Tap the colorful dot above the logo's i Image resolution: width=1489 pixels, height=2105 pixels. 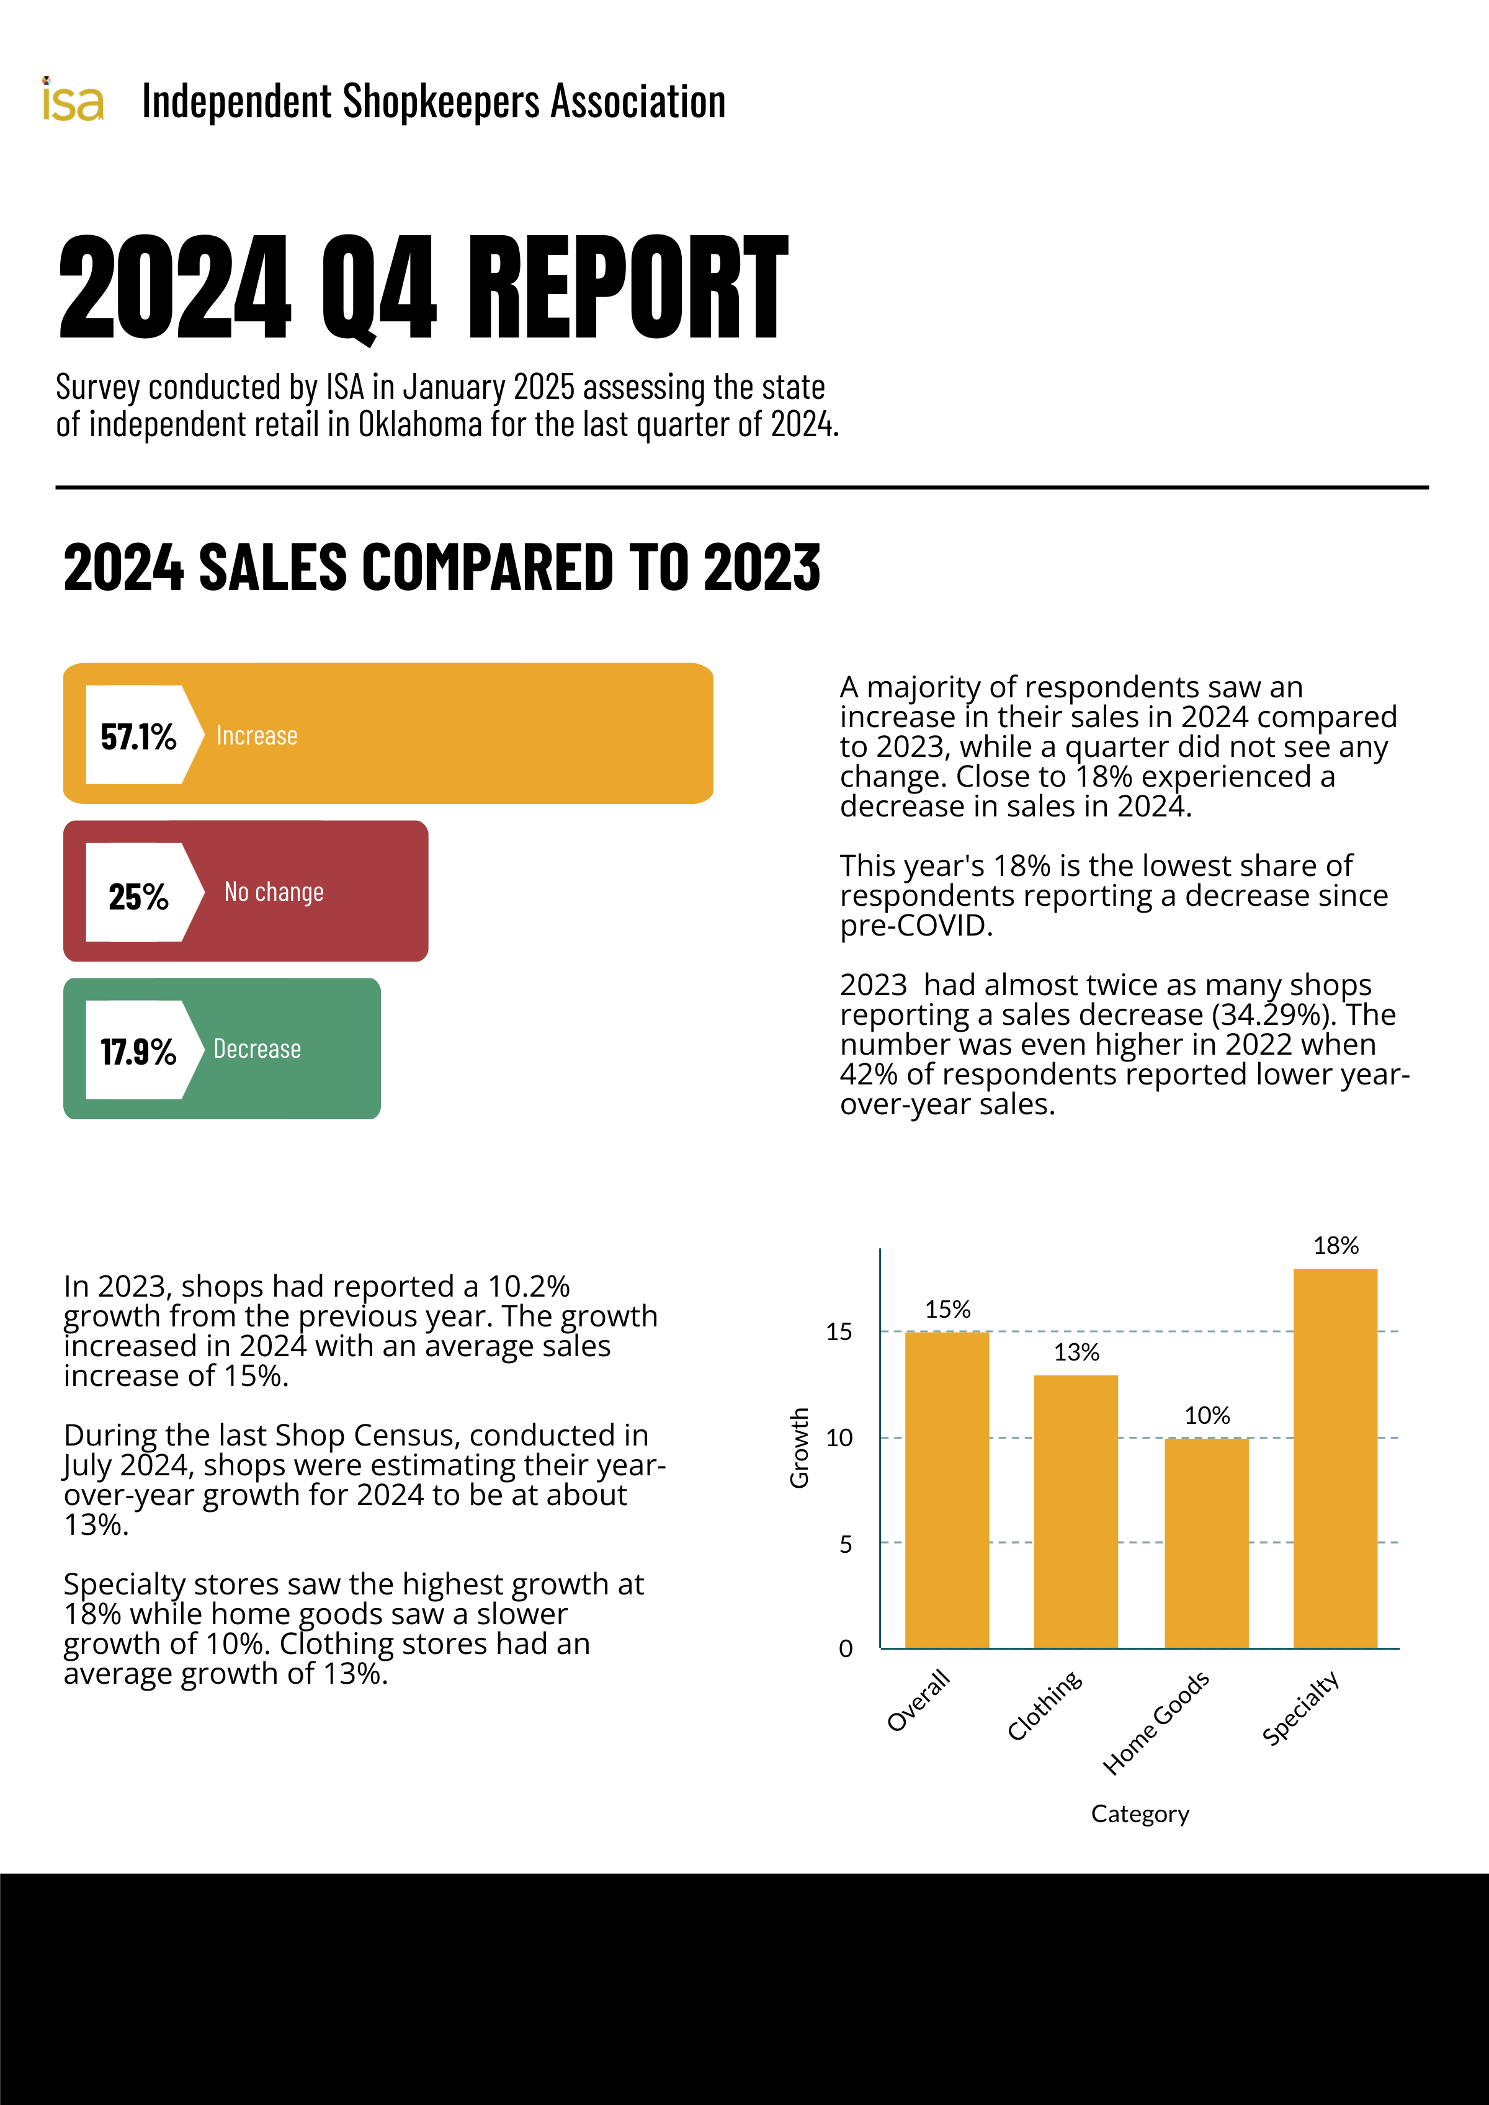pyautogui.click(x=47, y=81)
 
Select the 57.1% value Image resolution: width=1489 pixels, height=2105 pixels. pyautogui.click(x=138, y=736)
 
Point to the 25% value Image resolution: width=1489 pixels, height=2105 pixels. pyautogui.click(x=138, y=896)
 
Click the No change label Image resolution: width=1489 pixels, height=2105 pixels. pyautogui.click(x=274, y=892)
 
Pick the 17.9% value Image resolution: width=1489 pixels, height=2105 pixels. pyautogui.click(x=138, y=1052)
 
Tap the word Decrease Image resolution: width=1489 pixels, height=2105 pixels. pyautogui.click(x=257, y=1049)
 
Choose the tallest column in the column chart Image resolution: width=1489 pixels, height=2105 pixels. pyautogui.click(x=1335, y=1458)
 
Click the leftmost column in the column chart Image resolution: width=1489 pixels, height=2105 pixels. pyautogui.click(x=947, y=1490)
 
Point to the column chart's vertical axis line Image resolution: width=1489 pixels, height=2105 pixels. pyautogui.click(x=880, y=1449)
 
